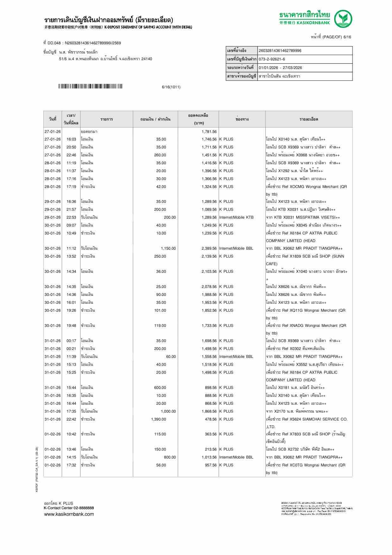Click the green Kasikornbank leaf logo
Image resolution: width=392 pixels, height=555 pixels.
(344, 19)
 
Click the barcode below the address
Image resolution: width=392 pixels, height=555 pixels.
(90, 86)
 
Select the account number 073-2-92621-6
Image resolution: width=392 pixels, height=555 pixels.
(272, 59)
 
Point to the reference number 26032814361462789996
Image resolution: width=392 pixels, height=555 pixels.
(280, 51)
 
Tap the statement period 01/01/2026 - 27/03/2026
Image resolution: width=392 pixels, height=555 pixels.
(280, 68)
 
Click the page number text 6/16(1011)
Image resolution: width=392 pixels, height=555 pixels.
(171, 87)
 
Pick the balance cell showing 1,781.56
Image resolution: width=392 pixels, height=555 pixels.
(209, 132)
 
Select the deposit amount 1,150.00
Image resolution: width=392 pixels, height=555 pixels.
(168, 248)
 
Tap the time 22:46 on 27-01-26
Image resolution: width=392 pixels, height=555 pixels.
(71, 155)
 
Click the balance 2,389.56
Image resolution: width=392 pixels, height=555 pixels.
(209, 248)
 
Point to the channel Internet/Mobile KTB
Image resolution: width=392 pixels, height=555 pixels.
(236, 217)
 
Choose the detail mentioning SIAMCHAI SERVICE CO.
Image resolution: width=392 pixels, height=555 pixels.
(307, 419)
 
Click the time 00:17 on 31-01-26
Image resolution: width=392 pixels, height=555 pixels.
(71, 341)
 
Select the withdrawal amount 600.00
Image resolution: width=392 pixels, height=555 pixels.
(160, 388)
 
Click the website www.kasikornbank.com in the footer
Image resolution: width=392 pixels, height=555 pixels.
(69, 514)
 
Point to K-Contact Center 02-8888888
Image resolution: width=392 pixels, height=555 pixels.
(69, 508)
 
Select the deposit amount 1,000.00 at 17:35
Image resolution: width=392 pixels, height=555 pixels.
(168, 411)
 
